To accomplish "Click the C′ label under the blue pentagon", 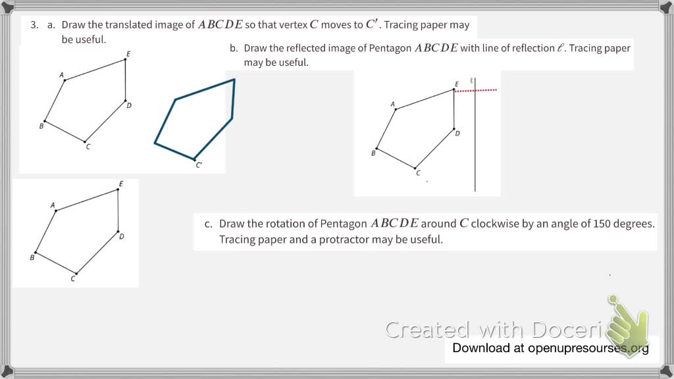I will [x=199, y=165].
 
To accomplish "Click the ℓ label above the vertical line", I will [x=472, y=80].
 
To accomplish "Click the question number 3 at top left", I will [x=33, y=25].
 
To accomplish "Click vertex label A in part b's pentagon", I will [x=393, y=104].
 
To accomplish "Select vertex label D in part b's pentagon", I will [x=457, y=134].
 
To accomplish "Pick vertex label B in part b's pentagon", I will [x=373, y=153].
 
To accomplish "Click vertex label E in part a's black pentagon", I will [x=128, y=53].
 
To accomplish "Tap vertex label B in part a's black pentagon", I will [x=41, y=126].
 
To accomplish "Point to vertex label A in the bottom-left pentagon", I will [x=53, y=205].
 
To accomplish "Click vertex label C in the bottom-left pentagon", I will [x=73, y=279].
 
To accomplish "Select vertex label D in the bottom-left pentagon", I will [x=122, y=236].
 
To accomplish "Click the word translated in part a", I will [x=125, y=25].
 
